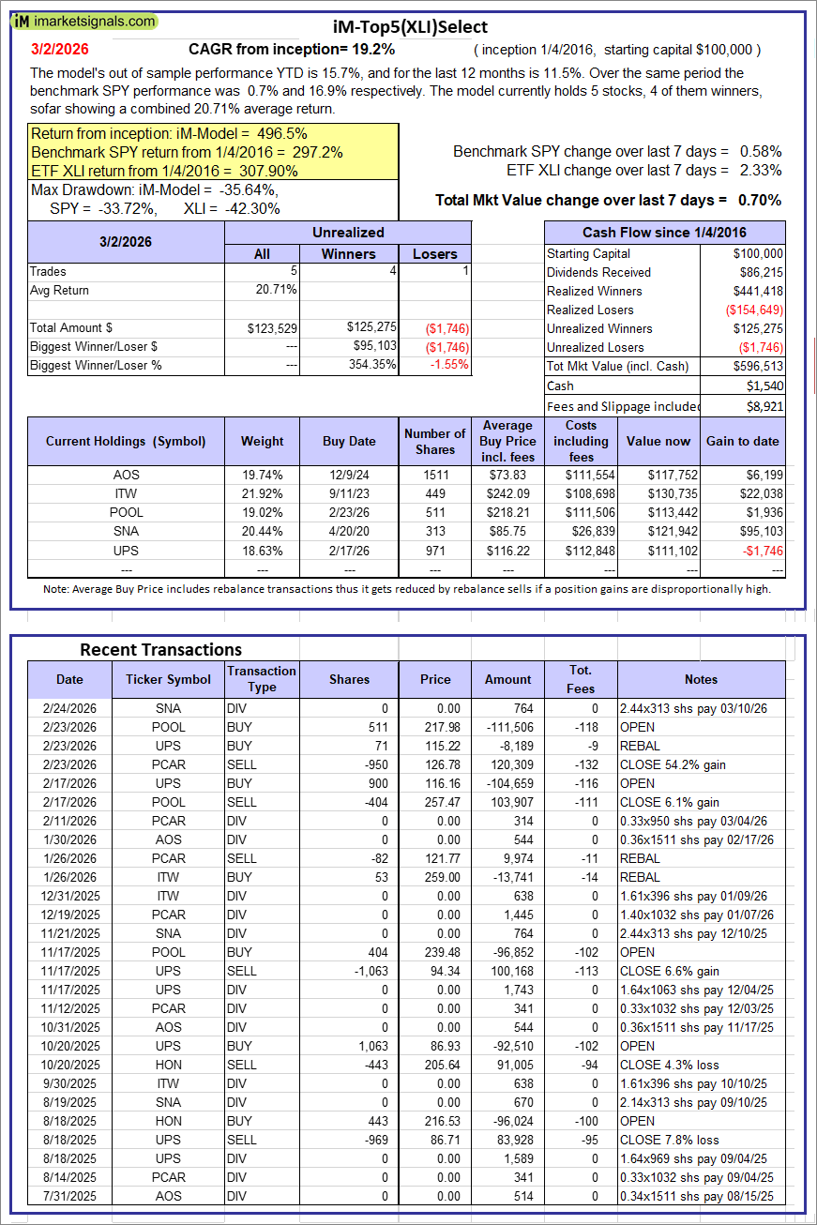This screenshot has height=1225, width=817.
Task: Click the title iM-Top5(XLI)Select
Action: tap(410, 27)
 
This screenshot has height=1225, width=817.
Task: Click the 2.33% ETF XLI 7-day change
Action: tap(760, 170)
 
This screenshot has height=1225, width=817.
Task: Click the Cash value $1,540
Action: tap(764, 386)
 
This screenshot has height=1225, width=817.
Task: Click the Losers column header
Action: tap(435, 253)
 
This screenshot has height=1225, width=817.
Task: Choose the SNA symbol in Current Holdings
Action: tap(126, 531)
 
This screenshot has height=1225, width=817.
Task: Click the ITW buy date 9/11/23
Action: tap(349, 493)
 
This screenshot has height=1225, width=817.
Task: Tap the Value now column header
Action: tap(658, 441)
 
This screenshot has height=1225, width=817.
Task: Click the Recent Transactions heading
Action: tap(160, 649)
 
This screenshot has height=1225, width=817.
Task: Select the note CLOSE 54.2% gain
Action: tap(673, 764)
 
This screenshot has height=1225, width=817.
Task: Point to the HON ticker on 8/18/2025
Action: tap(169, 1121)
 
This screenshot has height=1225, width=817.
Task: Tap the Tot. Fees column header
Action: tap(581, 679)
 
